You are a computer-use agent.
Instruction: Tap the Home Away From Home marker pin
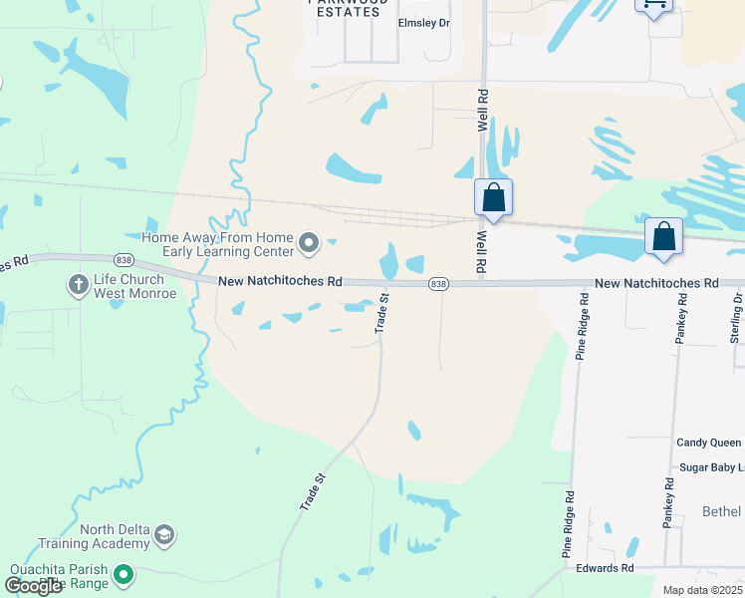[309, 242]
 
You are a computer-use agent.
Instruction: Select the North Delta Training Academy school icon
[164, 537]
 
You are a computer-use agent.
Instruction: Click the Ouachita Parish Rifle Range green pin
[124, 575]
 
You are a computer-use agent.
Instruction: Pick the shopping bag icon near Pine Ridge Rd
[663, 237]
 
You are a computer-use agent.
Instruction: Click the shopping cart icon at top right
[653, 5]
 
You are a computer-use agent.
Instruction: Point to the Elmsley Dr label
[425, 23]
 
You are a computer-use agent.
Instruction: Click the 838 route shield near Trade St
[438, 285]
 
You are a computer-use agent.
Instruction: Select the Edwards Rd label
[605, 568]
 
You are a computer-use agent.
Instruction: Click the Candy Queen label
[709, 443]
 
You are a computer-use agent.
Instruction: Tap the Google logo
[33, 586]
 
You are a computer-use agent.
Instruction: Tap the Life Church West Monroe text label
[134, 287]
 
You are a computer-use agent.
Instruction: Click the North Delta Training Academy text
[93, 537]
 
